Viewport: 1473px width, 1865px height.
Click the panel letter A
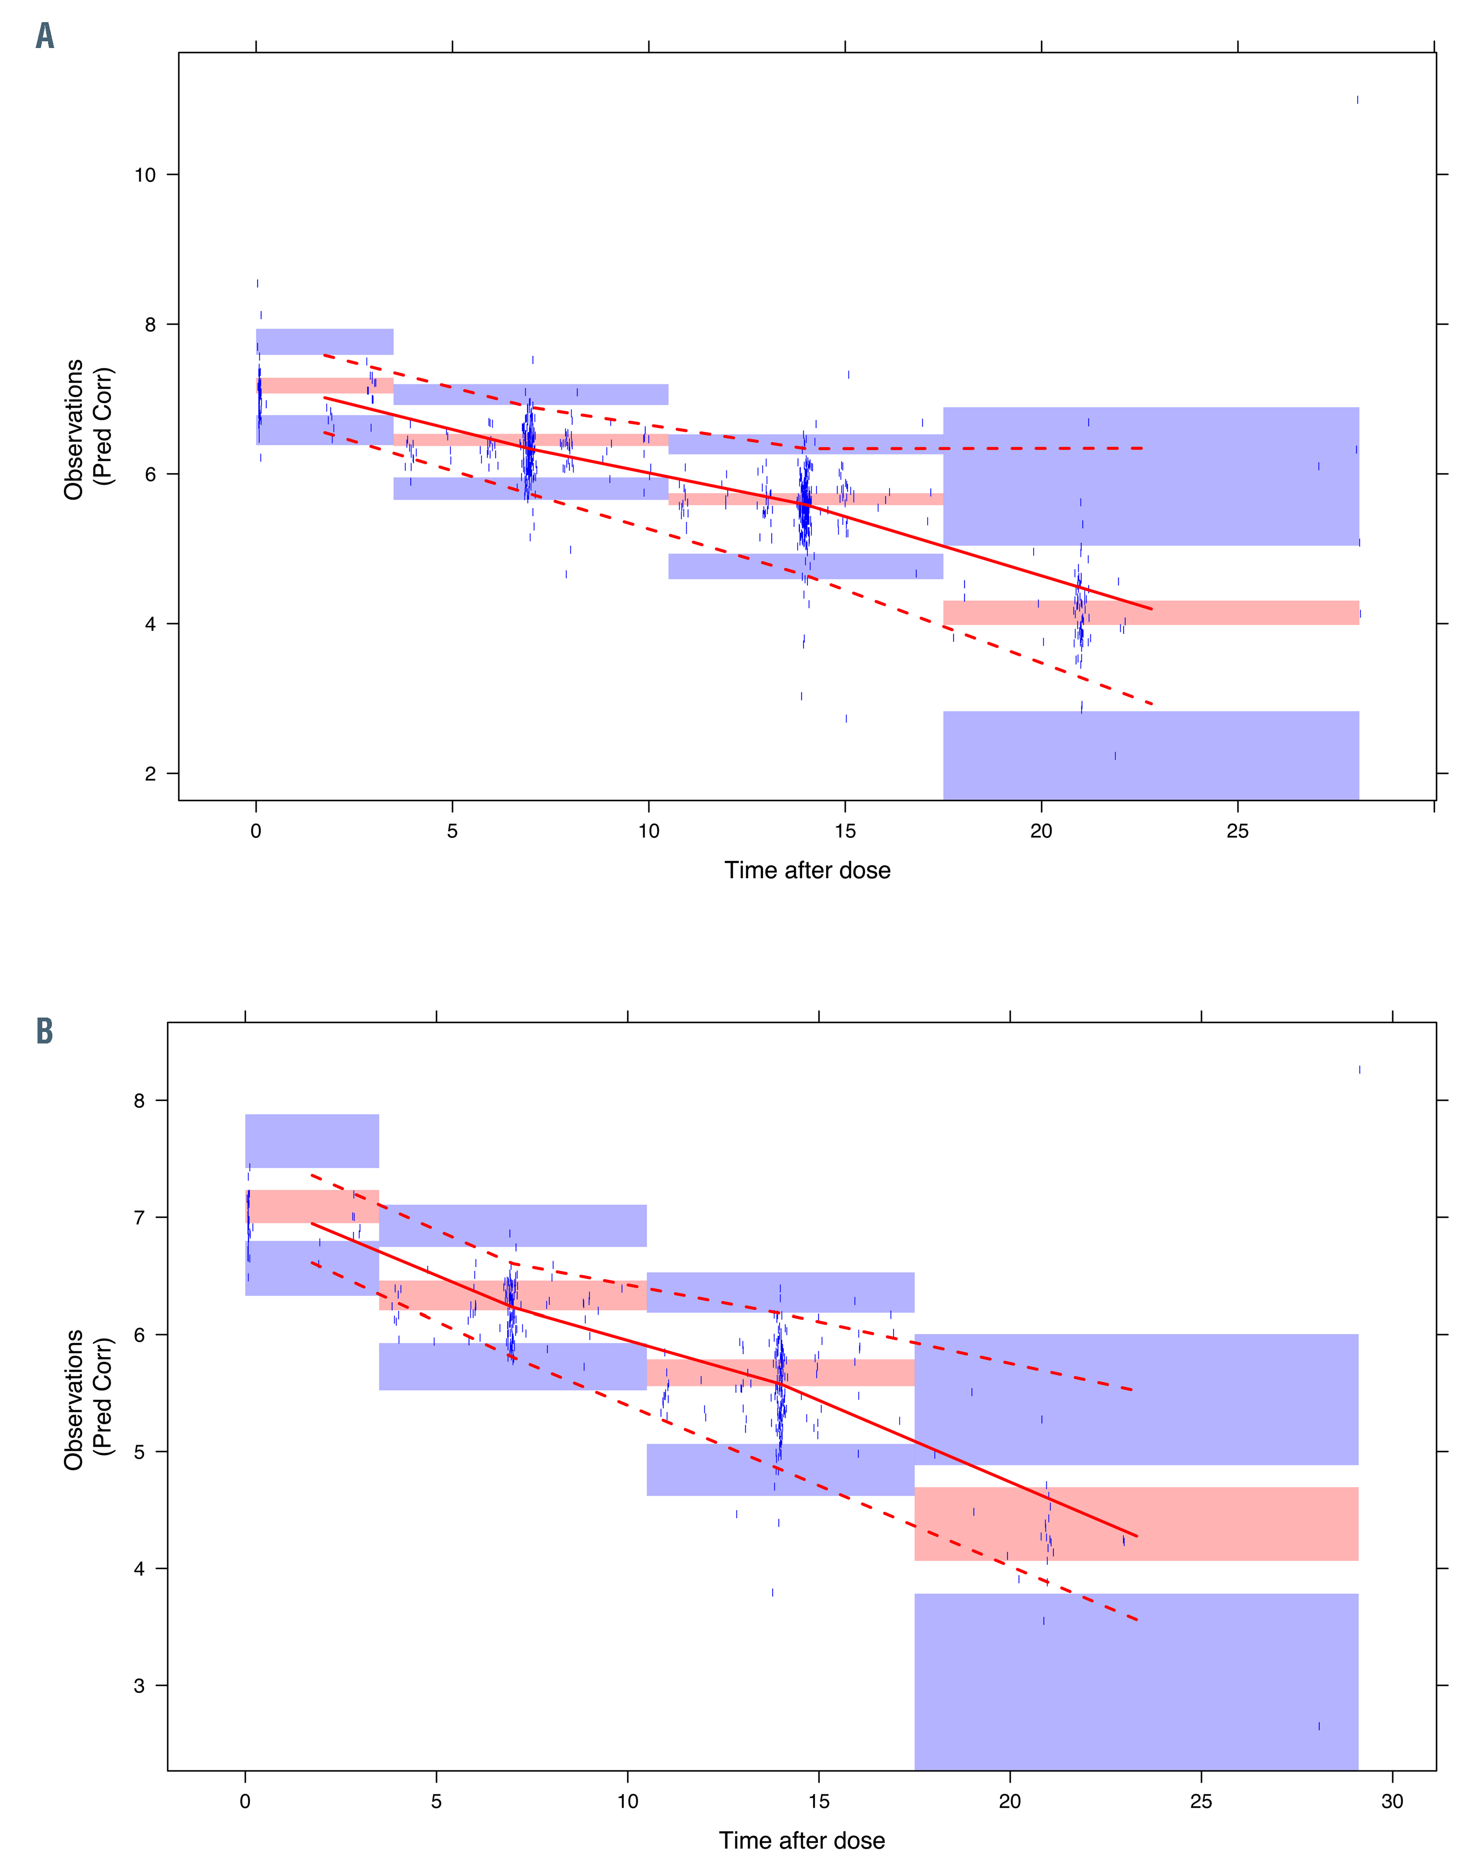coord(45,36)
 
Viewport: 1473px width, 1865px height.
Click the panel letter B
coord(45,1031)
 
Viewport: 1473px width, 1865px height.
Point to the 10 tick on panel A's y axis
coord(145,175)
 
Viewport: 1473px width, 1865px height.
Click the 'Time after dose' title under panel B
coord(802,1840)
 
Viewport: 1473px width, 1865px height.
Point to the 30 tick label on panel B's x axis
coord(1392,1801)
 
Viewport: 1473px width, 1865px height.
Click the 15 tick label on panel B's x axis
coord(818,1801)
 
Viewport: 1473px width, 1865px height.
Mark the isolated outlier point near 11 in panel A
coord(1358,100)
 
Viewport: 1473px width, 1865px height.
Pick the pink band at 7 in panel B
coord(312,1206)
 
